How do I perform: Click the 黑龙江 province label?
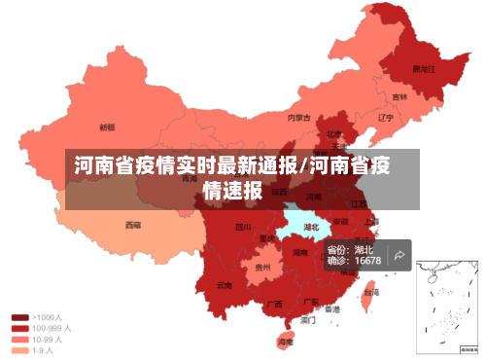424,69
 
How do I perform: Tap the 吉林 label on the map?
399,97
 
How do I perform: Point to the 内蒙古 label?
298,118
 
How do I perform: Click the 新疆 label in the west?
108,126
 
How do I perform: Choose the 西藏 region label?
132,225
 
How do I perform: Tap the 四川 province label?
244,228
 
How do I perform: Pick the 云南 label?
225,285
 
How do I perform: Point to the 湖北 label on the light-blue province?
312,228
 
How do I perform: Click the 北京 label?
333,134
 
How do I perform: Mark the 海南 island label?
286,342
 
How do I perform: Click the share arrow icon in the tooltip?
399,255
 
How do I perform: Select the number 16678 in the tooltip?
367,261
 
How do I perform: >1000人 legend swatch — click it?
19,317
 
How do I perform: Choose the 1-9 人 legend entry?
37,351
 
